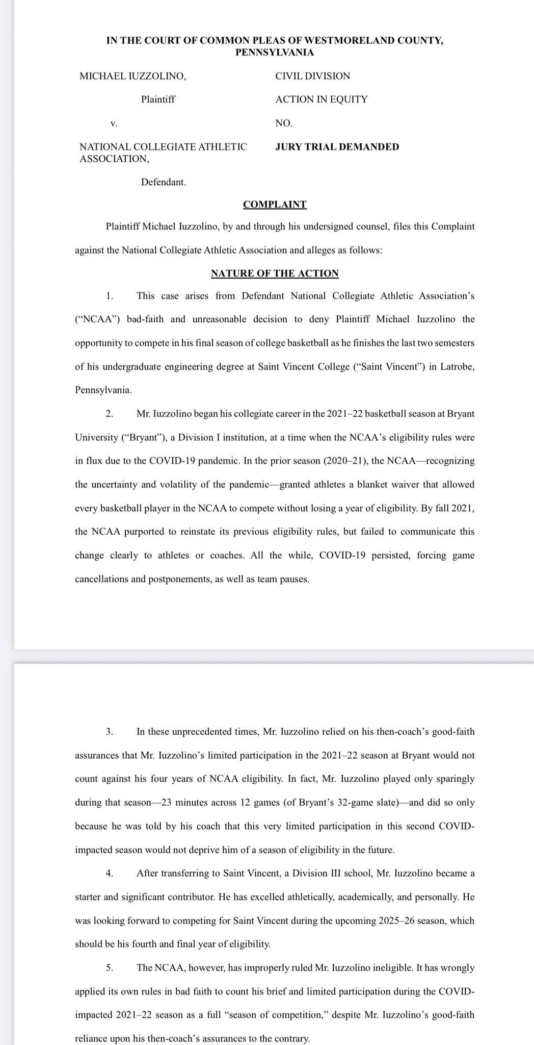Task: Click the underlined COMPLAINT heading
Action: click(x=275, y=205)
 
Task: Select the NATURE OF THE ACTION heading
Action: click(x=275, y=273)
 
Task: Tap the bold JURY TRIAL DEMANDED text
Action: click(x=337, y=147)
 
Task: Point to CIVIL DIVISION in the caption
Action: click(x=312, y=76)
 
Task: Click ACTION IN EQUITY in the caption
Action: click(x=321, y=99)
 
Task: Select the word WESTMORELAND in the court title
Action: click(x=328, y=41)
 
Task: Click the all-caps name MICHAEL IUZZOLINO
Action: click(x=132, y=76)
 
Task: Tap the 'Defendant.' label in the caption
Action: click(x=163, y=182)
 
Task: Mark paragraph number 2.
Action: click(x=110, y=414)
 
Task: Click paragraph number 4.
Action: click(x=110, y=873)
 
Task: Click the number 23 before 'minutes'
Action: click(x=166, y=802)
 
